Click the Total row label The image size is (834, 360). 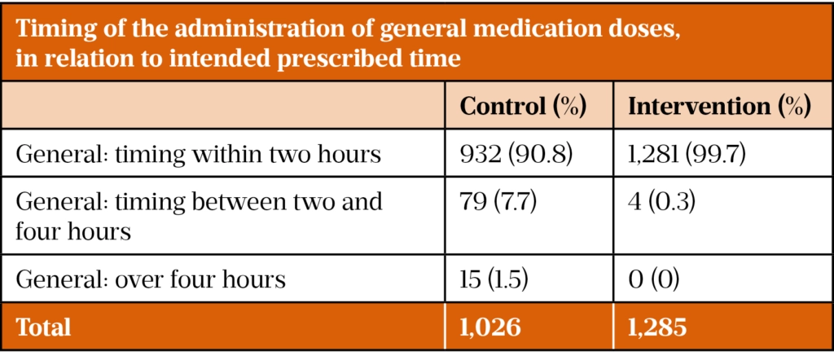click(x=43, y=327)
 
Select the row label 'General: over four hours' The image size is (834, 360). click(x=151, y=280)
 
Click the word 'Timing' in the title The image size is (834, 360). click(x=53, y=32)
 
